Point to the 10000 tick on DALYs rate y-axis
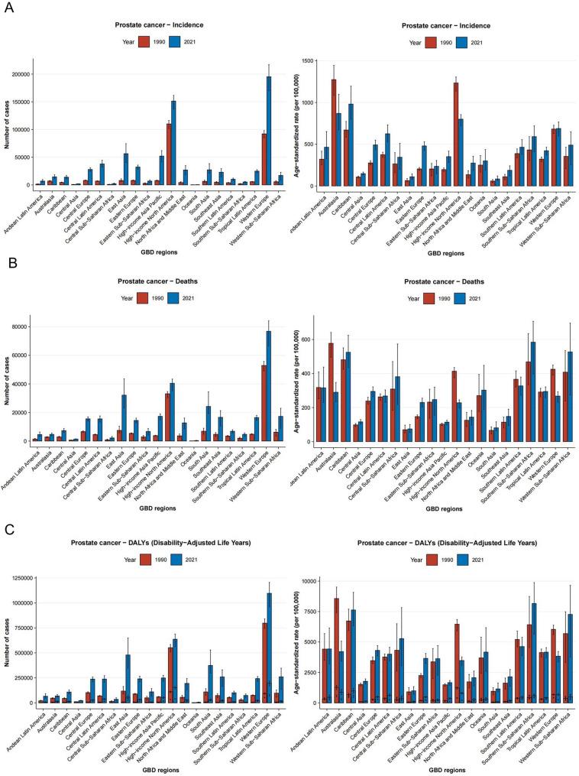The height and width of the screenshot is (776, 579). (x=308, y=581)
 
